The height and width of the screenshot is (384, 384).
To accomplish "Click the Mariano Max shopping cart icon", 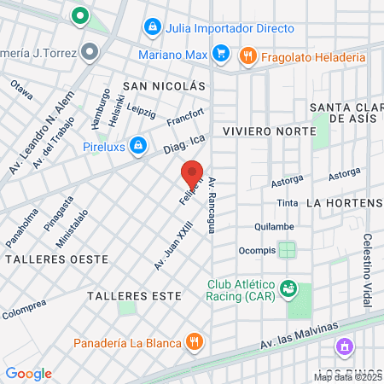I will pyautogui.click(x=221, y=55).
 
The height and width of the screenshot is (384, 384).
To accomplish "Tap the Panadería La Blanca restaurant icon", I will pyautogui.click(x=195, y=342).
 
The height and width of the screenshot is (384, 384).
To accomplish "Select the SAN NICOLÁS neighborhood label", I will pyautogui.click(x=165, y=87).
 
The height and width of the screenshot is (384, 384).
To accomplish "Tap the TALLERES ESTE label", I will pyautogui.click(x=134, y=295).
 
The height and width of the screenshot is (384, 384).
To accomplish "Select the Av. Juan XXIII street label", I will pyautogui.click(x=172, y=245).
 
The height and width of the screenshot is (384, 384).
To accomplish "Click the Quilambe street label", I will pyautogui.click(x=273, y=227).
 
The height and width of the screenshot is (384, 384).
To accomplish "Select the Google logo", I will pyautogui.click(x=28, y=373).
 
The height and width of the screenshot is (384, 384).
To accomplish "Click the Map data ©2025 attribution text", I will pyautogui.click(x=347, y=376).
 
